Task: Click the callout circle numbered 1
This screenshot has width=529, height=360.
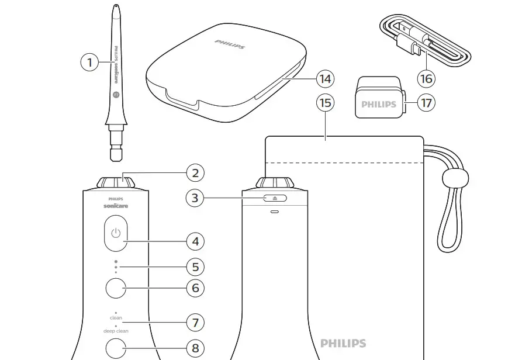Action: (89, 62)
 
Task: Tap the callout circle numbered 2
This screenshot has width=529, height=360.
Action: (195, 172)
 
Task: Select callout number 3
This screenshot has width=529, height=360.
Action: (195, 198)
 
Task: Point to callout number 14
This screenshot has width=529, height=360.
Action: (325, 78)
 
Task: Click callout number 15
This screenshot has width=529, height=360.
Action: (325, 103)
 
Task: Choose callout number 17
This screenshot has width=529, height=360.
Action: (426, 103)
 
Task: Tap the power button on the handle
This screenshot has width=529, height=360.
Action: (116, 234)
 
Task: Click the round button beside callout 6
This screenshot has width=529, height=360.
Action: (116, 288)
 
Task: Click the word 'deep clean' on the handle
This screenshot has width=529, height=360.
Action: (116, 331)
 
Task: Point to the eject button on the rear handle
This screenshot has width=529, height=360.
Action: (274, 198)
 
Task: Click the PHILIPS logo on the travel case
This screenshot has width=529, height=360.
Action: (230, 44)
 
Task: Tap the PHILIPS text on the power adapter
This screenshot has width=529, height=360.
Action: (378, 105)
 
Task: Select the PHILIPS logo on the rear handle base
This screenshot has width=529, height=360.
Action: (343, 344)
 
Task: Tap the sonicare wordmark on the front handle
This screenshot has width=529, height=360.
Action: (116, 206)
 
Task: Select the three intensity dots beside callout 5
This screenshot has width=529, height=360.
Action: (116, 267)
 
